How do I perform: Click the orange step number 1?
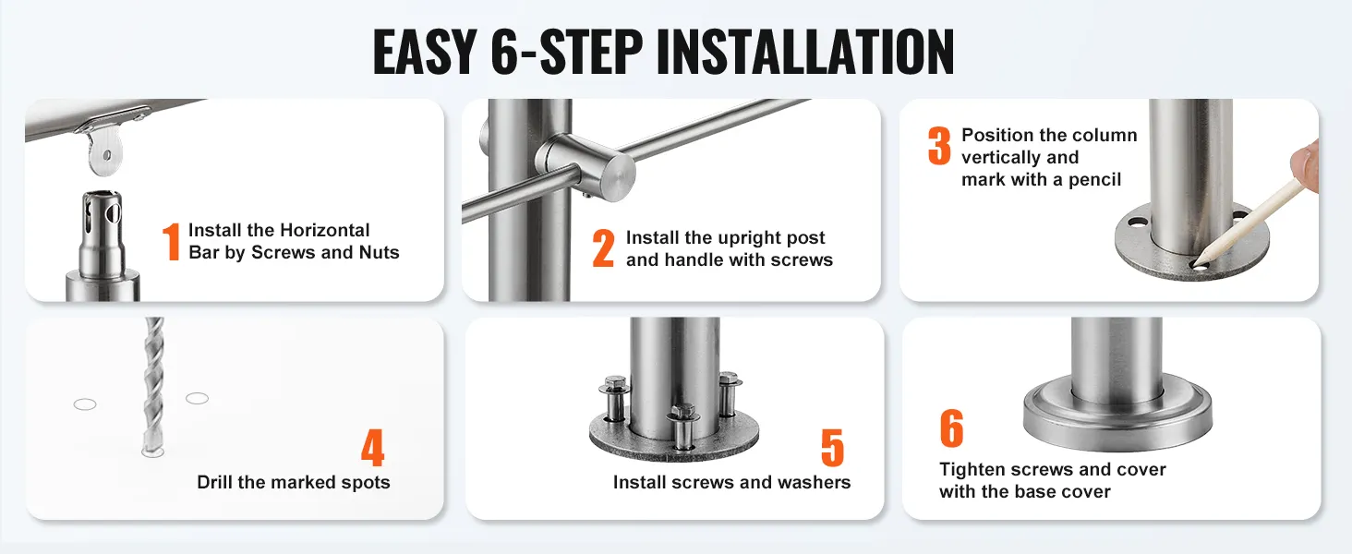(172, 241)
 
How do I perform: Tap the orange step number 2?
(603, 247)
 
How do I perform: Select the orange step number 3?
(939, 146)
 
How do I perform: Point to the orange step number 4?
(373, 448)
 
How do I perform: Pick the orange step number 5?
(832, 448)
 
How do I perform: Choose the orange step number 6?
(952, 428)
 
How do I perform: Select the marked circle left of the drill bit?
(85, 404)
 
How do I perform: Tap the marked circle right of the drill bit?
(198, 398)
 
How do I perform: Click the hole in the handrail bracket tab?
(107, 156)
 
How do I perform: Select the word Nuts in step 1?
(379, 252)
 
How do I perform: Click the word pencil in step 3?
(1095, 180)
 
